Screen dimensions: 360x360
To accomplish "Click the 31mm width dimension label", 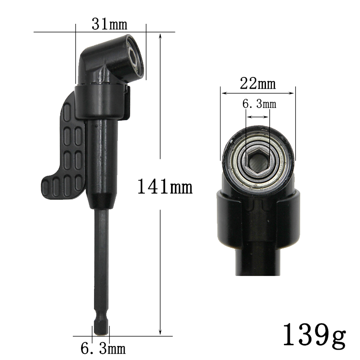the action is point(109,24).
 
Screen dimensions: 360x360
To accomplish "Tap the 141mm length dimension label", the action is point(165,187).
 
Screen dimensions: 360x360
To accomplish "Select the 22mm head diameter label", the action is point(258,84).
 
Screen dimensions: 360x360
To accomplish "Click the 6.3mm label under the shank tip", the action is point(103,348).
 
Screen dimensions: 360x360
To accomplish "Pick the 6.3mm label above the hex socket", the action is point(259,104).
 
